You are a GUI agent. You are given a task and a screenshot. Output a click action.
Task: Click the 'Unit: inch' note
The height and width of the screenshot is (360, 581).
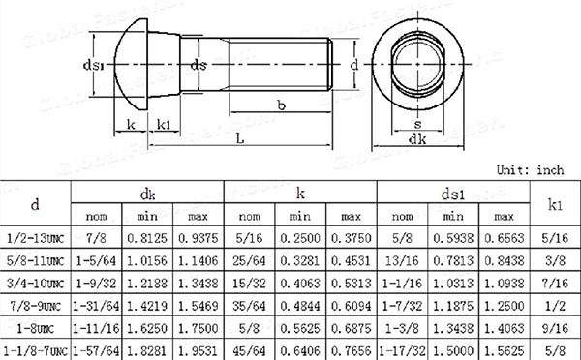coord(531,170)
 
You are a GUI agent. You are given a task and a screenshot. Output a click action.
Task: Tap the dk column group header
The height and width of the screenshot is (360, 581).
coord(147,195)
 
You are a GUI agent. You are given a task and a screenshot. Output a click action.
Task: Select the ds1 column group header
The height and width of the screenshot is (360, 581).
coord(453,195)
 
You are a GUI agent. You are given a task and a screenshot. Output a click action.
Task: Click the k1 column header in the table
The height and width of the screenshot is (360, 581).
coord(555,204)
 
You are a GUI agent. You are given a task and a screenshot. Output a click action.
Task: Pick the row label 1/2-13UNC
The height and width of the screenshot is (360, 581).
coord(35,238)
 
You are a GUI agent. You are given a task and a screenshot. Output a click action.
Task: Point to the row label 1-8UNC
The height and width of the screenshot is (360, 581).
coord(35,328)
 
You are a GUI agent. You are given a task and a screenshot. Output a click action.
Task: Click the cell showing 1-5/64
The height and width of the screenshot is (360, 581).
coord(96,260)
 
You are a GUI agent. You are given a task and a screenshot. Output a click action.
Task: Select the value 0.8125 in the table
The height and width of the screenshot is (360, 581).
coord(147,238)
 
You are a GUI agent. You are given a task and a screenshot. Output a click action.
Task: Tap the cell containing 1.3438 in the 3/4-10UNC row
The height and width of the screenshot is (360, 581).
coord(198,284)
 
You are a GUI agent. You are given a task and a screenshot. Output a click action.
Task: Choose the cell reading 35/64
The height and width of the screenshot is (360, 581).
coord(249,306)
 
